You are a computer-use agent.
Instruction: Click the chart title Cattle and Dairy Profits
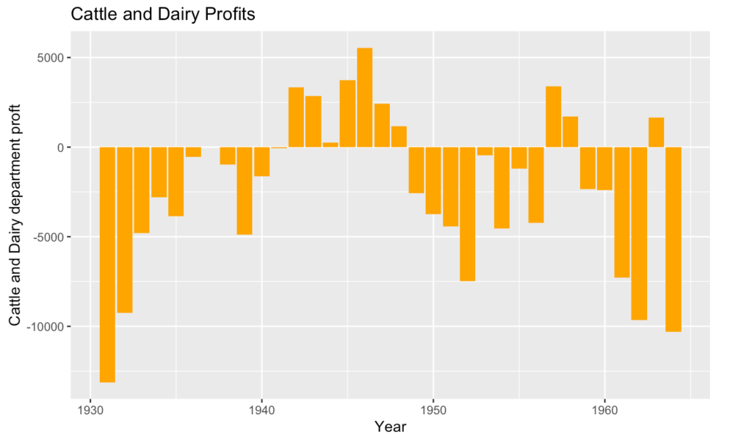tap(162, 15)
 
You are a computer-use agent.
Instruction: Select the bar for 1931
tap(107, 264)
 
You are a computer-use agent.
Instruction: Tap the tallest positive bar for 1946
tap(364, 98)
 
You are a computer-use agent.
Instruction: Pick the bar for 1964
tap(673, 239)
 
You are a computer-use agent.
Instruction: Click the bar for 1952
tap(468, 214)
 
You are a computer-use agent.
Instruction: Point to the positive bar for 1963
tap(656, 132)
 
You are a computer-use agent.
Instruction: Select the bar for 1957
tap(553, 117)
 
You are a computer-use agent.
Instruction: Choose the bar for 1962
tap(639, 234)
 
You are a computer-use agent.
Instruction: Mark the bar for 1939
tap(245, 191)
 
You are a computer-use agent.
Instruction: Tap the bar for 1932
tap(124, 230)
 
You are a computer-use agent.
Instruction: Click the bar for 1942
tap(296, 117)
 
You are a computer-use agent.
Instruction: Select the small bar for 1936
tap(193, 152)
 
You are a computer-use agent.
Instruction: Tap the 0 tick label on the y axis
tap(65, 148)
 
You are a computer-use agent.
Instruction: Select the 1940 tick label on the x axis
tap(261, 409)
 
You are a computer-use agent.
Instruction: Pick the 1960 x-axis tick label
tap(604, 409)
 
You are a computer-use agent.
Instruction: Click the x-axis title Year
tap(389, 427)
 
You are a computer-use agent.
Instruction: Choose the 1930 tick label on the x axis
tap(90, 409)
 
